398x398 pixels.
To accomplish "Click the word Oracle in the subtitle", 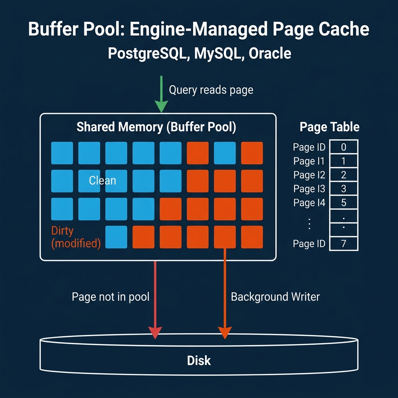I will [x=270, y=53].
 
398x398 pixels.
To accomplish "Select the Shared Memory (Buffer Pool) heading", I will [x=156, y=127].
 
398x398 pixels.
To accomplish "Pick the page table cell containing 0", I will [x=344, y=147].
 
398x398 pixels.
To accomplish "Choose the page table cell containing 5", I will [x=344, y=202].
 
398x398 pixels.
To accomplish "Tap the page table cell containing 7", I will [x=344, y=244].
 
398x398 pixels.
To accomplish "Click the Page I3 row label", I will [x=309, y=189].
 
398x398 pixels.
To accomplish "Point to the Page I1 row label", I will [x=309, y=161].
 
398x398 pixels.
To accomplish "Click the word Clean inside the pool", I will [x=102, y=180].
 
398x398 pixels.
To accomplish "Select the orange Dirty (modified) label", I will [x=76, y=237].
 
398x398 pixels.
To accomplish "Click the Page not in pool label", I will [x=111, y=297].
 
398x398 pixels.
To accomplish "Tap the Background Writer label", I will [x=275, y=297].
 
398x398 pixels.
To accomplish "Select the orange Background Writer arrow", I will [x=225, y=295].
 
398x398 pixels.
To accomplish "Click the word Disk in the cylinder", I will [x=199, y=360].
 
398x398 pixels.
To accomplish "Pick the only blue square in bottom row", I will [x=117, y=237].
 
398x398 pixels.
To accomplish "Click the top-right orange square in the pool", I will [x=252, y=153].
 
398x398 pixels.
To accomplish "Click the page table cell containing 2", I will [x=344, y=175].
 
